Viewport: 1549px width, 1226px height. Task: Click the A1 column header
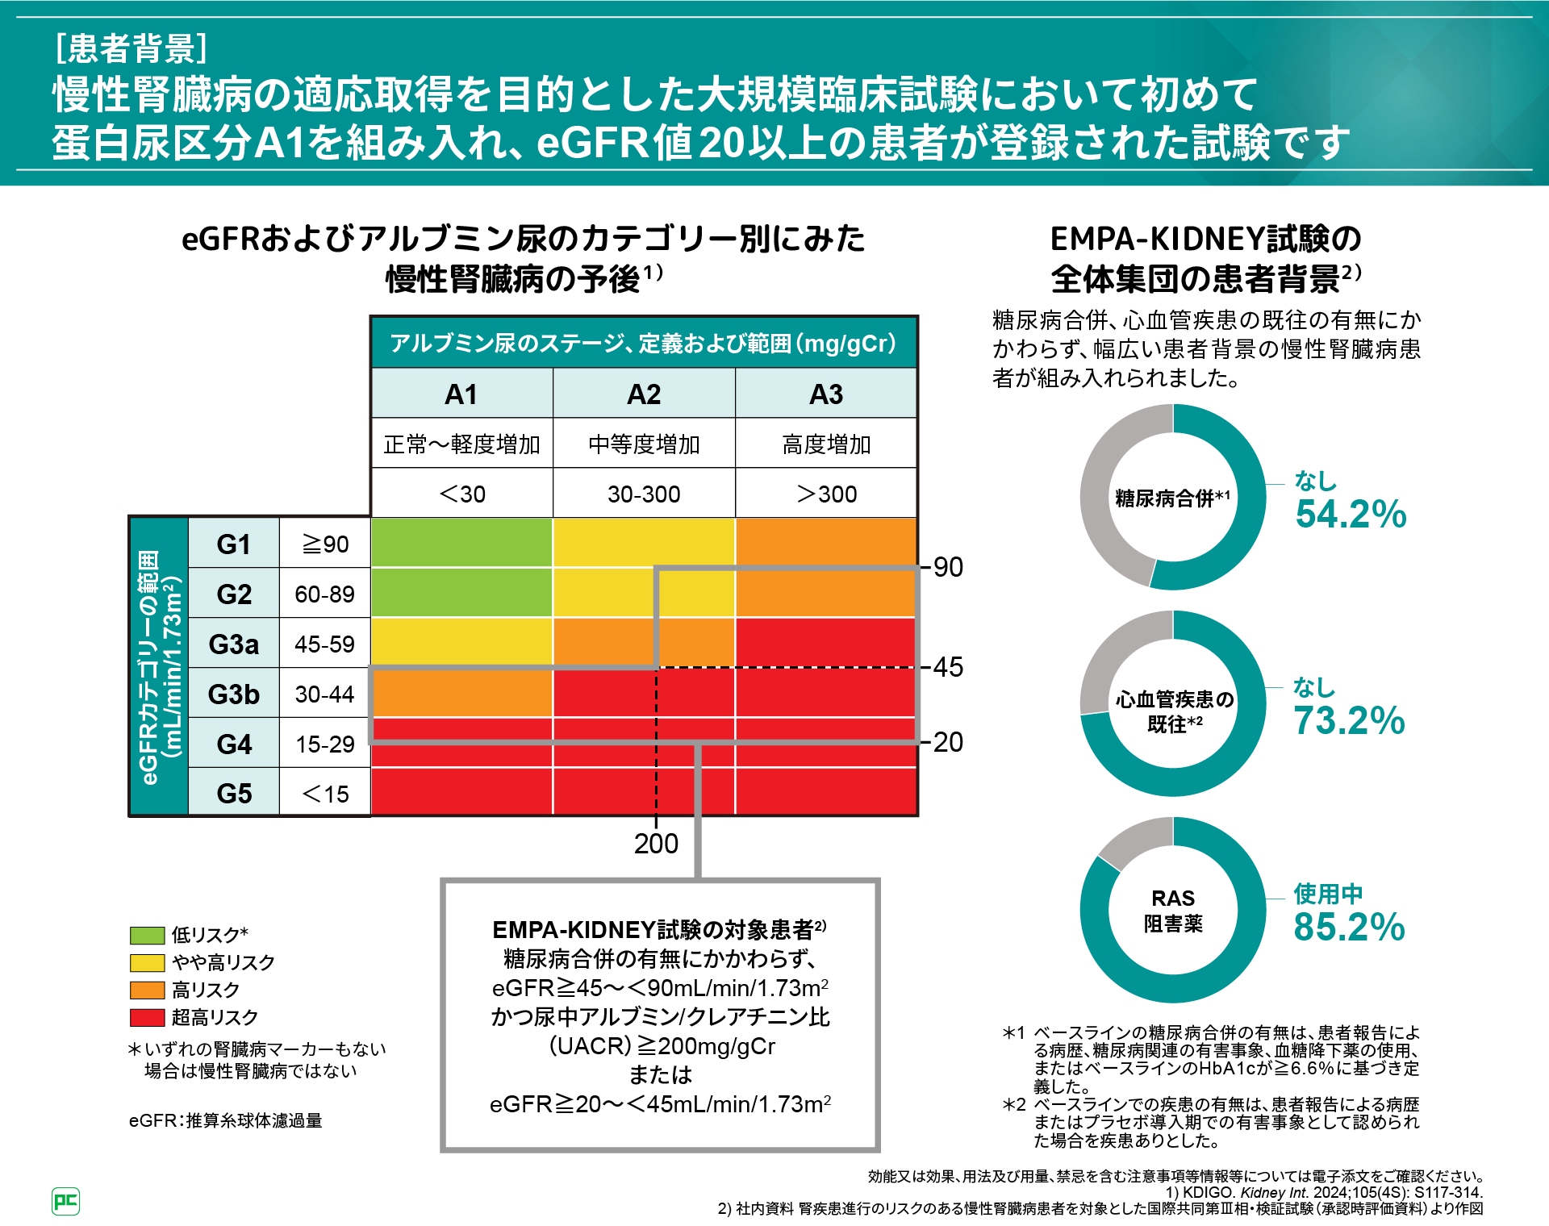[x=461, y=394]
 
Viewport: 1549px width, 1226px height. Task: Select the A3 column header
[x=826, y=394]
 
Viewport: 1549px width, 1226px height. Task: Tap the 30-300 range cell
[x=644, y=494]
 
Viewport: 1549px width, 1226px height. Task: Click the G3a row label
[x=234, y=644]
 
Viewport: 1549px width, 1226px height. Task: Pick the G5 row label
[x=234, y=794]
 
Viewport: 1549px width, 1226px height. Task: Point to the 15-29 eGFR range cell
[x=325, y=744]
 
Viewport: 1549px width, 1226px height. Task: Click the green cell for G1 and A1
[x=461, y=542]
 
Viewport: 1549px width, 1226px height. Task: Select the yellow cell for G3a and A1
[x=461, y=642]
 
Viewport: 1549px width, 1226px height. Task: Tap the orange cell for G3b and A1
[x=461, y=693]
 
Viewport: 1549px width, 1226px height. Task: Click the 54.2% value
[x=1351, y=515]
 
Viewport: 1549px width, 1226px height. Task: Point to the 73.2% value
[x=1349, y=721]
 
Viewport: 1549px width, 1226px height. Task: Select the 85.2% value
[x=1349, y=928]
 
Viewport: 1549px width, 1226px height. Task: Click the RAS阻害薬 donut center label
[x=1173, y=911]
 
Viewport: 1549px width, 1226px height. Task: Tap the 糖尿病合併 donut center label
[x=1172, y=498]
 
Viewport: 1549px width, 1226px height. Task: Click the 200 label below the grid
[x=656, y=844]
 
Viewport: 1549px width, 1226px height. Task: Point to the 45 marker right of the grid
[x=948, y=667]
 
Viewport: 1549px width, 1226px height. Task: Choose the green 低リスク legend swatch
[x=147, y=935]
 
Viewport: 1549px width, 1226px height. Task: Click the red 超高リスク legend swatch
[x=147, y=1017]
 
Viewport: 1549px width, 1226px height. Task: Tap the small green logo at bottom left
[x=65, y=1201]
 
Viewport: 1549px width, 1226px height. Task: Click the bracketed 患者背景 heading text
[x=132, y=48]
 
